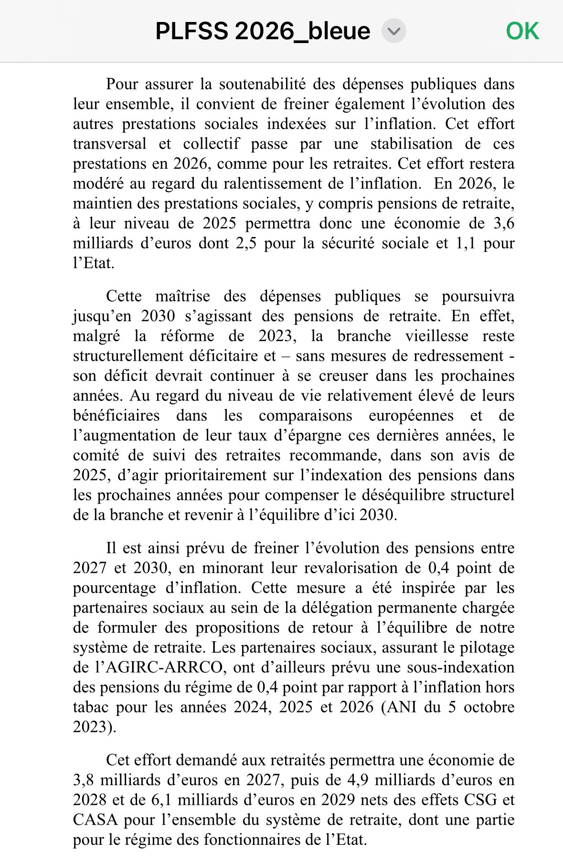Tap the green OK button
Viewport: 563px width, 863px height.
[522, 32]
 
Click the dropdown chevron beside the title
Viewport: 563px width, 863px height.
[393, 32]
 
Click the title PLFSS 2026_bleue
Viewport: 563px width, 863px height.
[263, 32]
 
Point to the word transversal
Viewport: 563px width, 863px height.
[110, 144]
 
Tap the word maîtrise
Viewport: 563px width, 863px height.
[182, 296]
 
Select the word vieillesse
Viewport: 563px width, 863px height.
[436, 336]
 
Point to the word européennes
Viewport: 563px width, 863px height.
[411, 416]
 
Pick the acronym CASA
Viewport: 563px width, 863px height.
[95, 820]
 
